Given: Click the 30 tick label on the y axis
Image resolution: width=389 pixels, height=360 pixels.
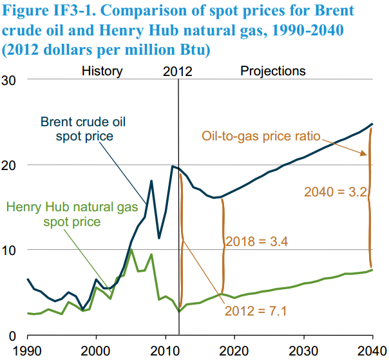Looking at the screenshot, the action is click(x=8, y=81).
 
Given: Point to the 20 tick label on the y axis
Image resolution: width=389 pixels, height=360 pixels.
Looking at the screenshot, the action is click(x=8, y=166).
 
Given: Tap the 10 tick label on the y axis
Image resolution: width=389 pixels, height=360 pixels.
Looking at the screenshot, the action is click(x=8, y=251).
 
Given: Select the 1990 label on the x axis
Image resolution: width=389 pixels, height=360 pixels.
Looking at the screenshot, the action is click(x=27, y=352).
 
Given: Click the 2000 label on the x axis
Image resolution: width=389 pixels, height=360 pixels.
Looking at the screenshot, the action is click(x=96, y=352).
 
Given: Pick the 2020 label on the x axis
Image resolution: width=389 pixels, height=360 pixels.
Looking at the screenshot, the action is click(x=234, y=352).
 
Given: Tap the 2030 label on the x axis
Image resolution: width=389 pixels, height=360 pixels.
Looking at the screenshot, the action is click(x=303, y=352).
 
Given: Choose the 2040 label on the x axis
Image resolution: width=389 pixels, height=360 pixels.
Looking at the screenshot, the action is click(x=372, y=352).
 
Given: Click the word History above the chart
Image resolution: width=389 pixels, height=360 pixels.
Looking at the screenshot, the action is click(x=102, y=71).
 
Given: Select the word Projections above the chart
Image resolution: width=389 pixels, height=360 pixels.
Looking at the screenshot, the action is click(x=273, y=71).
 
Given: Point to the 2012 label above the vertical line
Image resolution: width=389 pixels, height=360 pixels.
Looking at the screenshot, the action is click(x=178, y=71).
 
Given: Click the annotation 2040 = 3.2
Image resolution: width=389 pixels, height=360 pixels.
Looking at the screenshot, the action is click(x=336, y=192).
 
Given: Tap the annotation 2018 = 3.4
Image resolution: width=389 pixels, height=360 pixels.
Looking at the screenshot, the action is click(x=257, y=242).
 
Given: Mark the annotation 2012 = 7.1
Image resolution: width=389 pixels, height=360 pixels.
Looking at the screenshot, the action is click(x=256, y=311).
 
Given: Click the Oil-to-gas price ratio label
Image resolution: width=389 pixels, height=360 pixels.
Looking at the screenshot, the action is click(x=261, y=137).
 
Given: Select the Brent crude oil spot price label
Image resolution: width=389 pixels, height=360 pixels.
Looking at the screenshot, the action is click(x=83, y=129).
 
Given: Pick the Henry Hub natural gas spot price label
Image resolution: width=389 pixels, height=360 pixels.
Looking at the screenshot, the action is click(x=72, y=214).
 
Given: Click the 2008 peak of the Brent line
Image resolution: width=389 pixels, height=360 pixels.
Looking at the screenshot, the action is click(x=151, y=181).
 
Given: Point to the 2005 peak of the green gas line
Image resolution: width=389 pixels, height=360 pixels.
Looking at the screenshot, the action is click(x=131, y=250).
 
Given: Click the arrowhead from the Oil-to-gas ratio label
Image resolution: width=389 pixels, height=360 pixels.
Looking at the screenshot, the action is click(x=364, y=153).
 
